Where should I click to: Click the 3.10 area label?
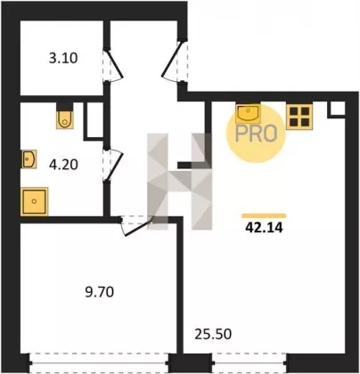[x=63, y=59]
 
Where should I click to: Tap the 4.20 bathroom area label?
[x=63, y=165]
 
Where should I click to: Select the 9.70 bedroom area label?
[x=100, y=292]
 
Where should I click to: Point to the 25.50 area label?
[x=213, y=334]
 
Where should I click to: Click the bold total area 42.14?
[x=264, y=228]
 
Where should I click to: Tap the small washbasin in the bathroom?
[x=29, y=159]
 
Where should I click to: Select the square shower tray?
[x=35, y=201]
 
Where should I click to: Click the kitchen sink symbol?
[x=249, y=113]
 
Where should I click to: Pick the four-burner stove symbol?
[x=299, y=117]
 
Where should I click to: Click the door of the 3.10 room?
[x=113, y=65]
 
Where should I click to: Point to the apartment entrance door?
[x=175, y=61]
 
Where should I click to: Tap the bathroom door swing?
[x=113, y=164]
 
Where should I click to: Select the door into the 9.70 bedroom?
[x=136, y=225]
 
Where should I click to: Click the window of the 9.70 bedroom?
[x=100, y=362]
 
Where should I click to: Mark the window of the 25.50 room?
[x=249, y=362]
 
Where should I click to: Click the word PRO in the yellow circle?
[x=256, y=134]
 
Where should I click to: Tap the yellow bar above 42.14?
[x=264, y=215]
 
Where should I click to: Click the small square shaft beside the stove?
[x=337, y=109]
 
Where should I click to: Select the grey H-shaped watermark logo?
[x=180, y=182]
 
